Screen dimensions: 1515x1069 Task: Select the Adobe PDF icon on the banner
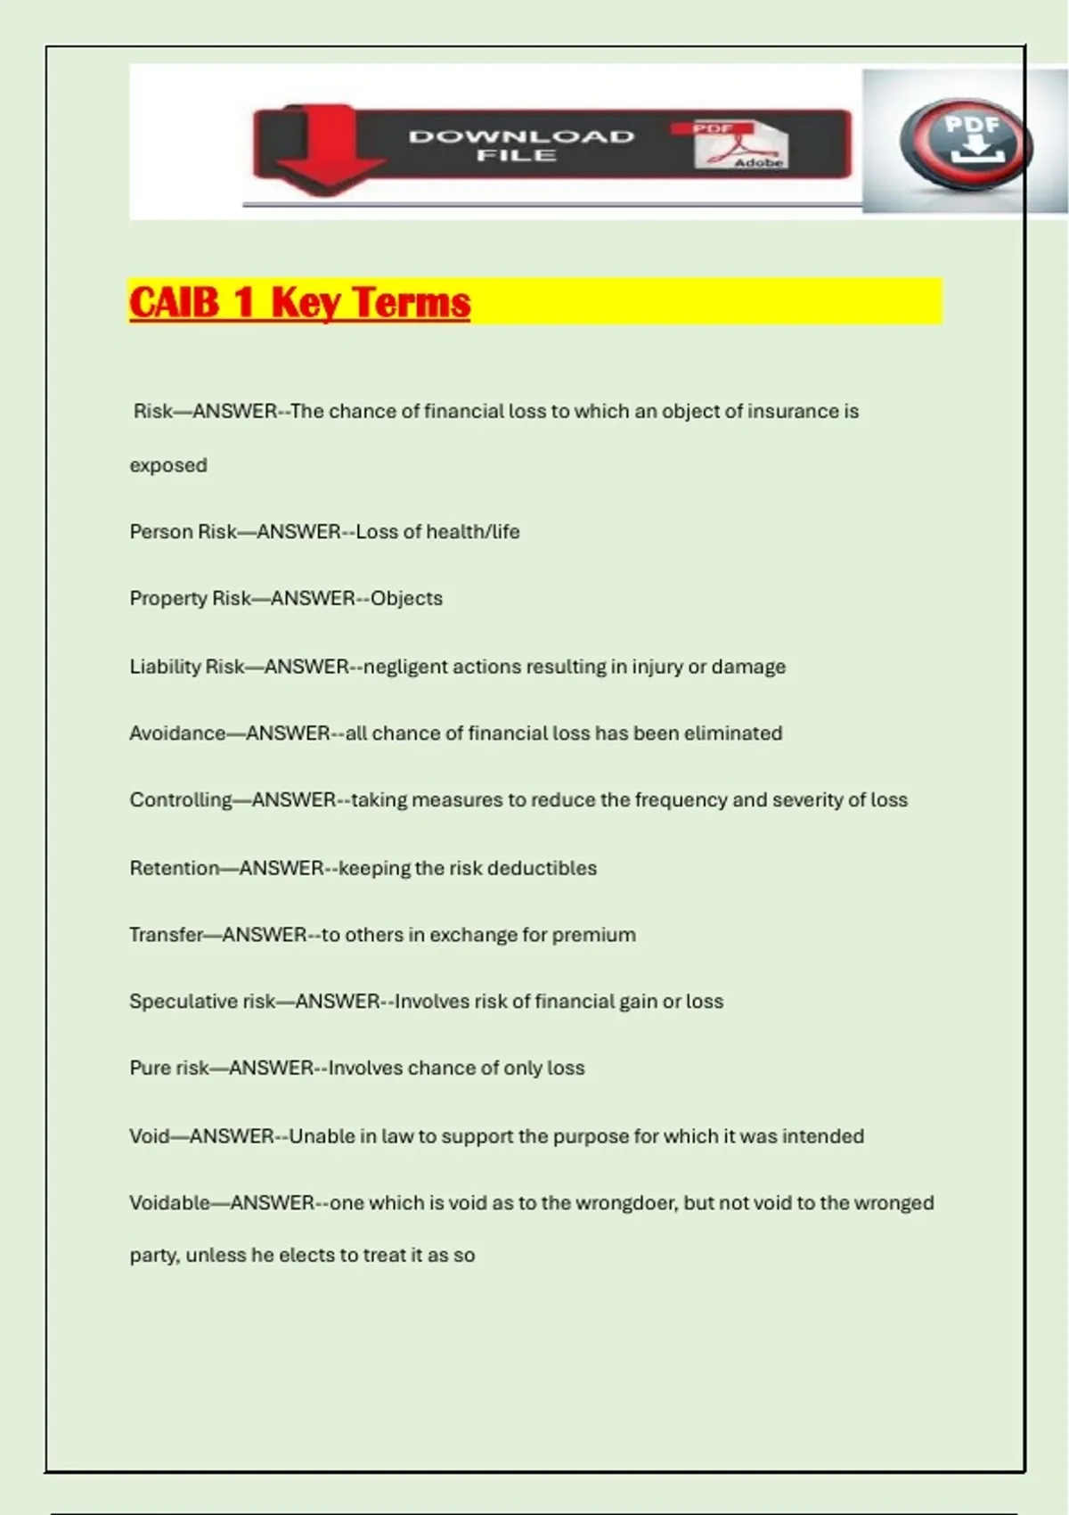point(741,145)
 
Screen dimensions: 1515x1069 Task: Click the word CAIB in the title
point(175,302)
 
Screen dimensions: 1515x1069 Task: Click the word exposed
point(168,465)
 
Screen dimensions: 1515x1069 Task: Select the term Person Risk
point(183,532)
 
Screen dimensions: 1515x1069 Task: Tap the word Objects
point(406,598)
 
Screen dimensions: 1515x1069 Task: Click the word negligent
point(405,667)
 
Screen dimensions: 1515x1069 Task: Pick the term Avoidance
point(177,733)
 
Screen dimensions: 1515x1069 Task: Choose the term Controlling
point(181,800)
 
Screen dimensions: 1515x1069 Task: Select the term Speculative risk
point(202,1002)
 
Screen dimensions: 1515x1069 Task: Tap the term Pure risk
point(169,1068)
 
